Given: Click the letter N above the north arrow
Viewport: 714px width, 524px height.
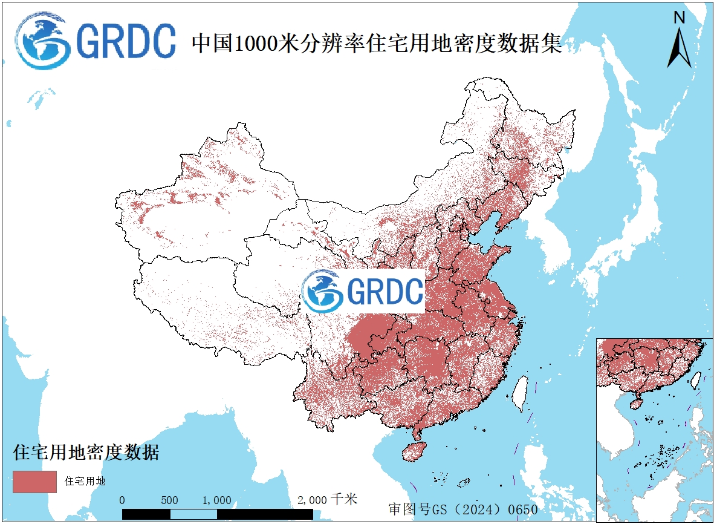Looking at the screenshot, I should tap(680, 18).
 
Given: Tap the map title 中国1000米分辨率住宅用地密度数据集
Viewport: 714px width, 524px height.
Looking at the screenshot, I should tap(377, 44).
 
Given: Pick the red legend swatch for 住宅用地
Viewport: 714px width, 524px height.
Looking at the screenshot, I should tap(34, 482).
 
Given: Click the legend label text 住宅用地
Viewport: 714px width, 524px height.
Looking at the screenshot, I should tap(85, 482).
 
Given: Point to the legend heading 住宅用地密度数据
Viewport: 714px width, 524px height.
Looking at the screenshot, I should tap(86, 452).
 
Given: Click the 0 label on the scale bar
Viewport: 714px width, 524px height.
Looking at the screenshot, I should tap(122, 500).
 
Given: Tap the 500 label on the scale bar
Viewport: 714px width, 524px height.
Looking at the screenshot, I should tap(170, 500).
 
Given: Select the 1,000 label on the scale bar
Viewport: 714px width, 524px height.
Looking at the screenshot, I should tap(217, 500).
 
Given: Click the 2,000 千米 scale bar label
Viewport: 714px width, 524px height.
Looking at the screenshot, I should tap(327, 500).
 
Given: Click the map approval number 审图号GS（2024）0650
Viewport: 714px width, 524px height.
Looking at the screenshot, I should tap(462, 509).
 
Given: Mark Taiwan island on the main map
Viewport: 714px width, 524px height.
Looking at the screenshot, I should tap(519, 394).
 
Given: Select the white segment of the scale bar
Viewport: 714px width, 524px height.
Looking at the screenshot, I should tap(193, 514).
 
